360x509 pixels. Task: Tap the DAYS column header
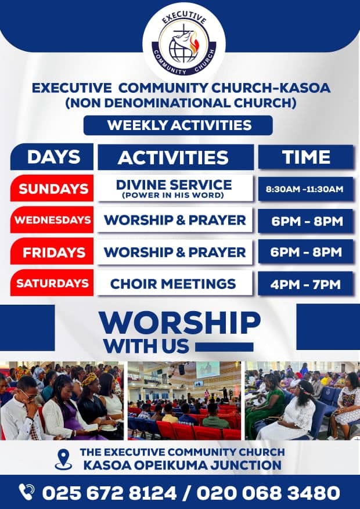[52, 157]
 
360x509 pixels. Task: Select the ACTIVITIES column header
[175, 157]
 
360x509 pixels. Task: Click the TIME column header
[306, 157]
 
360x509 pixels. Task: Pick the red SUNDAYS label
[52, 188]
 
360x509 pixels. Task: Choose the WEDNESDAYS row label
[52, 220]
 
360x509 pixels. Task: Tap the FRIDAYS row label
[52, 251]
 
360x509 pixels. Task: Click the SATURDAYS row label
[52, 283]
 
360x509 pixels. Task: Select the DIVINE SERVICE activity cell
[175, 188]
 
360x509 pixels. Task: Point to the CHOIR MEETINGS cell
[175, 283]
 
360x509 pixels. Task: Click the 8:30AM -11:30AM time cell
[305, 189]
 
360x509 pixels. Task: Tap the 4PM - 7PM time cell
[305, 284]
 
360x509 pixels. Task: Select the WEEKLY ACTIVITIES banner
[178, 125]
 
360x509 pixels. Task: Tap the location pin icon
[63, 459]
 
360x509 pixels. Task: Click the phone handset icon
[26, 492]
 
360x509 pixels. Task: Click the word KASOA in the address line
[107, 465]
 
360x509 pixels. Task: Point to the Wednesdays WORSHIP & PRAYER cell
[175, 220]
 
